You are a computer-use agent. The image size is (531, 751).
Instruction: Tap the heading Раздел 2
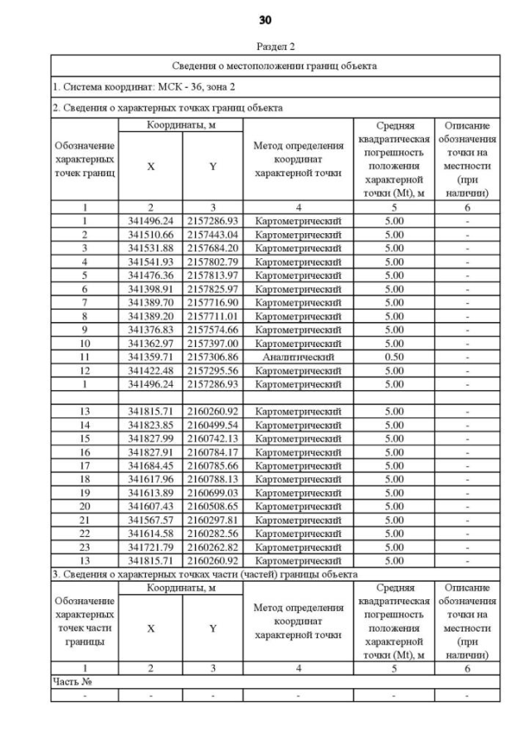[275, 47]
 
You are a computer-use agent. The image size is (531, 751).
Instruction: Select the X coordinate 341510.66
[151, 235]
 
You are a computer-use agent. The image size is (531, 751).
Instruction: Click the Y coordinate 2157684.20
[212, 248]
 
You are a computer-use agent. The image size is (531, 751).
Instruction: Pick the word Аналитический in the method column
[298, 357]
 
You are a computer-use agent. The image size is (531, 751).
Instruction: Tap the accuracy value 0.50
[394, 357]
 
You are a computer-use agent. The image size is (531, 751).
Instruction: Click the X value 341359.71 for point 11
[151, 357]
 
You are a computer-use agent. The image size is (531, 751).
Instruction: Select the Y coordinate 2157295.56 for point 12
[212, 371]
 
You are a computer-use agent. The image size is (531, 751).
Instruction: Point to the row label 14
[85, 425]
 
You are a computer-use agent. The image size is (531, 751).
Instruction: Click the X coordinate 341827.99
[151, 438]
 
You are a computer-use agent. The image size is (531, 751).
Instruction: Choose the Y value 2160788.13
[212, 479]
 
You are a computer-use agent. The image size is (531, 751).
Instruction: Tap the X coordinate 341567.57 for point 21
[151, 519]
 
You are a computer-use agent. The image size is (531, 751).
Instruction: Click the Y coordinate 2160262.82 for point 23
[212, 547]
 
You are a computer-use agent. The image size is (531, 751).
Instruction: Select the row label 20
[85, 506]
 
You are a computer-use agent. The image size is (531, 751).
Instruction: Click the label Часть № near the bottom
[70, 681]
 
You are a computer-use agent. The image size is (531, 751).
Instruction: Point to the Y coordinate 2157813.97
[212, 276]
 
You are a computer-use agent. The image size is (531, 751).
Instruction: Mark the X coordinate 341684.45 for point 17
[151, 466]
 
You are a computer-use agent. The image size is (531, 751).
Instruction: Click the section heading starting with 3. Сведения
[205, 574]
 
